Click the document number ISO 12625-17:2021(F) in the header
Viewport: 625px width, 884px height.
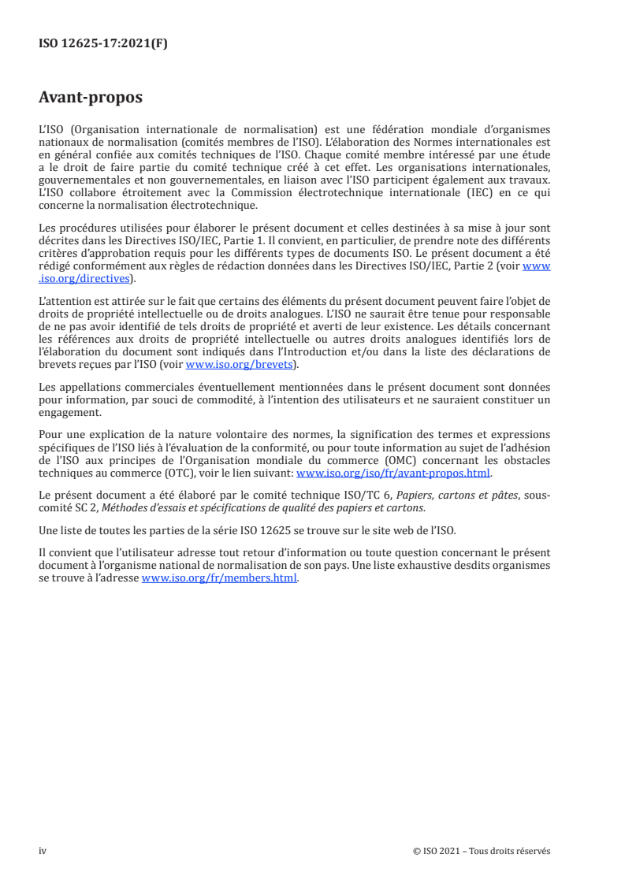[x=103, y=44]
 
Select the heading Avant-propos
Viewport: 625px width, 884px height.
[x=91, y=98]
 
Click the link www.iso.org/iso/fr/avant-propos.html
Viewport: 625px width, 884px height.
[x=392, y=474]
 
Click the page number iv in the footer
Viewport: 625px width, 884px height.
[x=43, y=850]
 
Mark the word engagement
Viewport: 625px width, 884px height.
[x=69, y=412]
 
